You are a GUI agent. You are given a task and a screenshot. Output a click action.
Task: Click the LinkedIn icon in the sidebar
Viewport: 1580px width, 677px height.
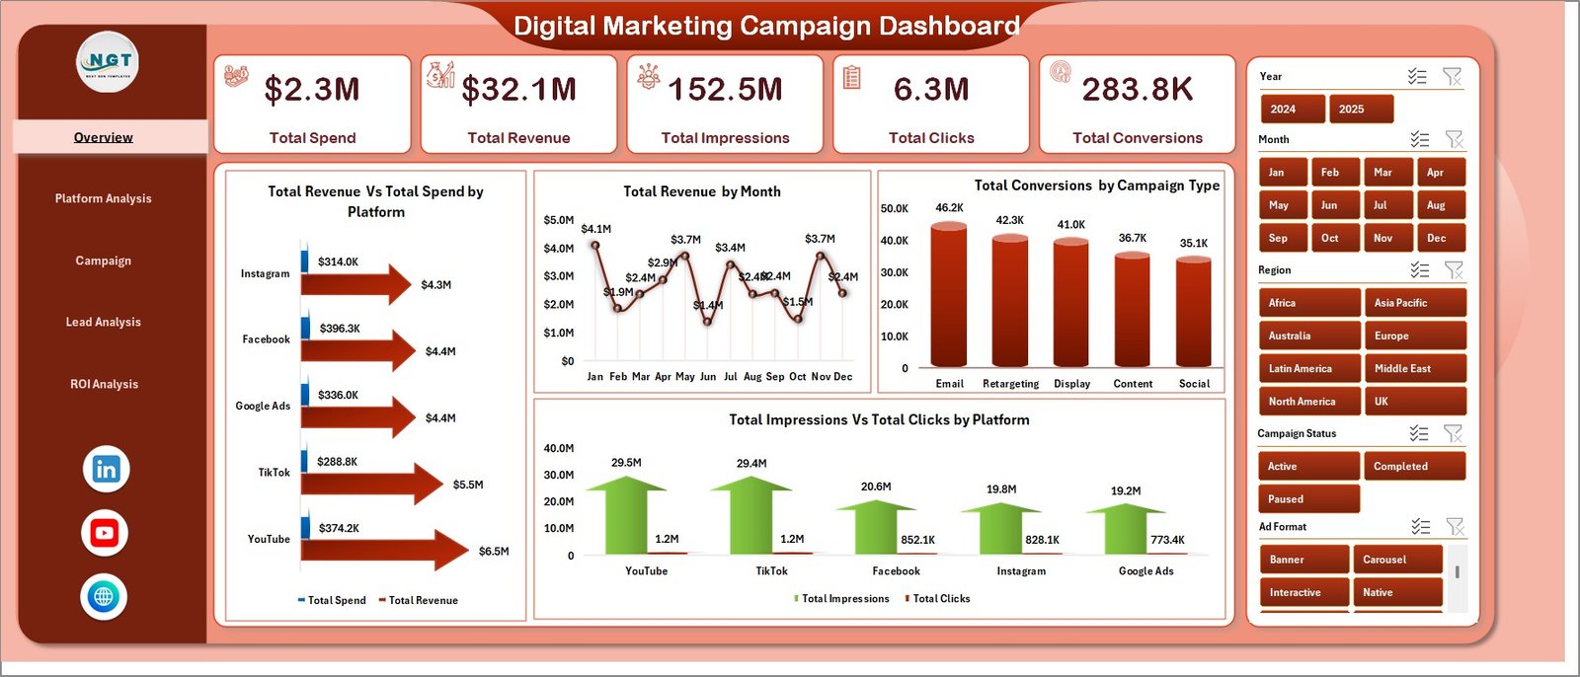point(106,469)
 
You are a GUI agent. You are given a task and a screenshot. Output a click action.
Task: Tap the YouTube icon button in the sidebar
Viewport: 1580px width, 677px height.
point(104,533)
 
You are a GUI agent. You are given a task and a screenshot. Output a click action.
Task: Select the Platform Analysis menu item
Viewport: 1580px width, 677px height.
point(103,198)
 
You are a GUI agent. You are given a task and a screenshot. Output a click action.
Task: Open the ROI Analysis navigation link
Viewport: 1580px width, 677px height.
point(104,384)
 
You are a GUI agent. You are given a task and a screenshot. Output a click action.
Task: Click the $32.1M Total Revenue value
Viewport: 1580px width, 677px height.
point(518,90)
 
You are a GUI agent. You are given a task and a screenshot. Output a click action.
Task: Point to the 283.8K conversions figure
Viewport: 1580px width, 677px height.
point(1137,90)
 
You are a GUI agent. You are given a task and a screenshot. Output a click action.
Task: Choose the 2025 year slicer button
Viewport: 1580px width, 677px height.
point(1360,109)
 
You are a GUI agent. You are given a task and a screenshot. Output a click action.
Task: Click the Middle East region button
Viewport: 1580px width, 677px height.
point(1413,368)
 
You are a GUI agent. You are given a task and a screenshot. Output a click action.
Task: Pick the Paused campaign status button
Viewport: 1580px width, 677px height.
point(1307,499)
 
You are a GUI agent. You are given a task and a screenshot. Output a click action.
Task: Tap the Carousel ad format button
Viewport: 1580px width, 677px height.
point(1395,560)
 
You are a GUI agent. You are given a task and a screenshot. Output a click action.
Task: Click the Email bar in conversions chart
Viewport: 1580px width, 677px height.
point(949,296)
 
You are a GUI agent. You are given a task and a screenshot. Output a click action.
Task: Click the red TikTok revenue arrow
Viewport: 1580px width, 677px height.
point(371,484)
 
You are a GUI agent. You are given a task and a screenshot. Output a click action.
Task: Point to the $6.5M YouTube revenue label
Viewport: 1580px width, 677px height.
point(494,552)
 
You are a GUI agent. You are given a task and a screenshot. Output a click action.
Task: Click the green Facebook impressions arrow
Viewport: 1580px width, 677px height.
point(875,527)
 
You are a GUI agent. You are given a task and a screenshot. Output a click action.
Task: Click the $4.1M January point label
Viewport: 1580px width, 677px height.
point(596,229)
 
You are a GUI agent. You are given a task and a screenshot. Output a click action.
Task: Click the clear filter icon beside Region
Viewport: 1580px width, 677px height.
point(1454,269)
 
